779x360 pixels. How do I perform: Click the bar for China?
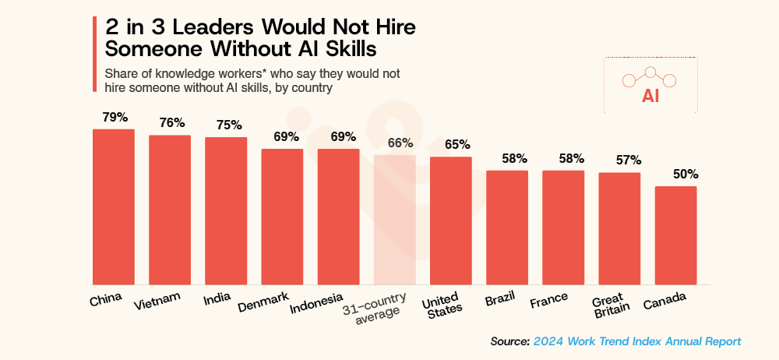click(x=114, y=206)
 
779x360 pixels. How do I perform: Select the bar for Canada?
click(x=675, y=235)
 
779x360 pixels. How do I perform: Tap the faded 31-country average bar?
click(x=394, y=219)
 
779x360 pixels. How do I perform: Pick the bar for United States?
click(x=451, y=221)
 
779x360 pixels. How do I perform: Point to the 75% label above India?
click(x=226, y=125)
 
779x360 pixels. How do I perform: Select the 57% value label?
click(x=619, y=160)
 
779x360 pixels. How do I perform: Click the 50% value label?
click(x=675, y=174)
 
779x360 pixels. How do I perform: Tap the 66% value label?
click(x=394, y=142)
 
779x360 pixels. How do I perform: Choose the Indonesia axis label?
click(x=317, y=304)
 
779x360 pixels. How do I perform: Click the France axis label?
click(x=548, y=300)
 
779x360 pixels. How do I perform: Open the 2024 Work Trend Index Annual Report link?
click(x=637, y=341)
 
